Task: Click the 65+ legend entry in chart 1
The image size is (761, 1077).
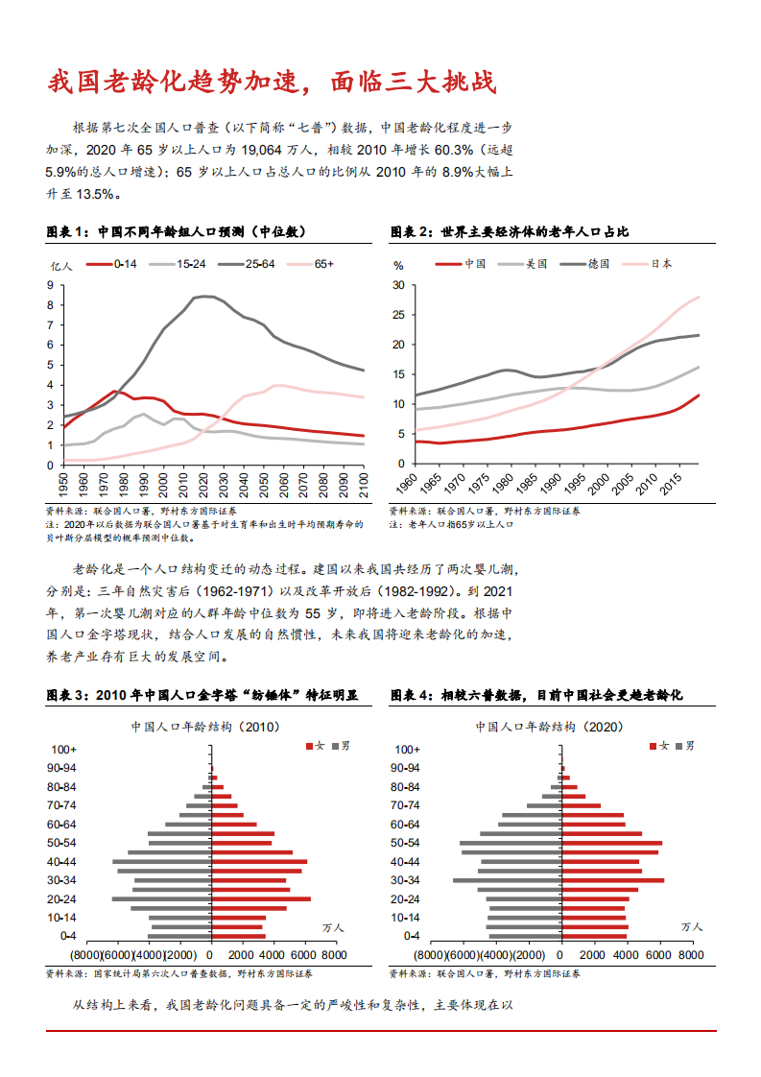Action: pos(323,263)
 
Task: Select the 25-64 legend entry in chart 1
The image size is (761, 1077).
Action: pos(259,263)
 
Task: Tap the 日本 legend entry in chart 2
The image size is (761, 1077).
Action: pos(661,263)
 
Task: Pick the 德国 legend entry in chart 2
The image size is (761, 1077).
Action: pos(598,263)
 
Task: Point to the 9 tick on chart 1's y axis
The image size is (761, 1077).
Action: pos(50,285)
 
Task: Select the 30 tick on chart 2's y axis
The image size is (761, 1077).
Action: pos(398,285)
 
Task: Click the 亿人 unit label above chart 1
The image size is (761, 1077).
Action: pos(60,265)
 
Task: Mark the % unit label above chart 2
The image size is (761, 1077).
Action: pos(398,265)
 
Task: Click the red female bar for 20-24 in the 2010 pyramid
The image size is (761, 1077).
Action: pos(261,899)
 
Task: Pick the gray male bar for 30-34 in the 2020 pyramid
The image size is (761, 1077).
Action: pos(507,880)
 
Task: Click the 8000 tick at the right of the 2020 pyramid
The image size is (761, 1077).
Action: pos(691,956)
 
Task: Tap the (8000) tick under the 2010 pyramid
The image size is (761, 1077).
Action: pos(85,956)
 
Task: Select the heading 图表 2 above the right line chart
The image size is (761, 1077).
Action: pos(412,232)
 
